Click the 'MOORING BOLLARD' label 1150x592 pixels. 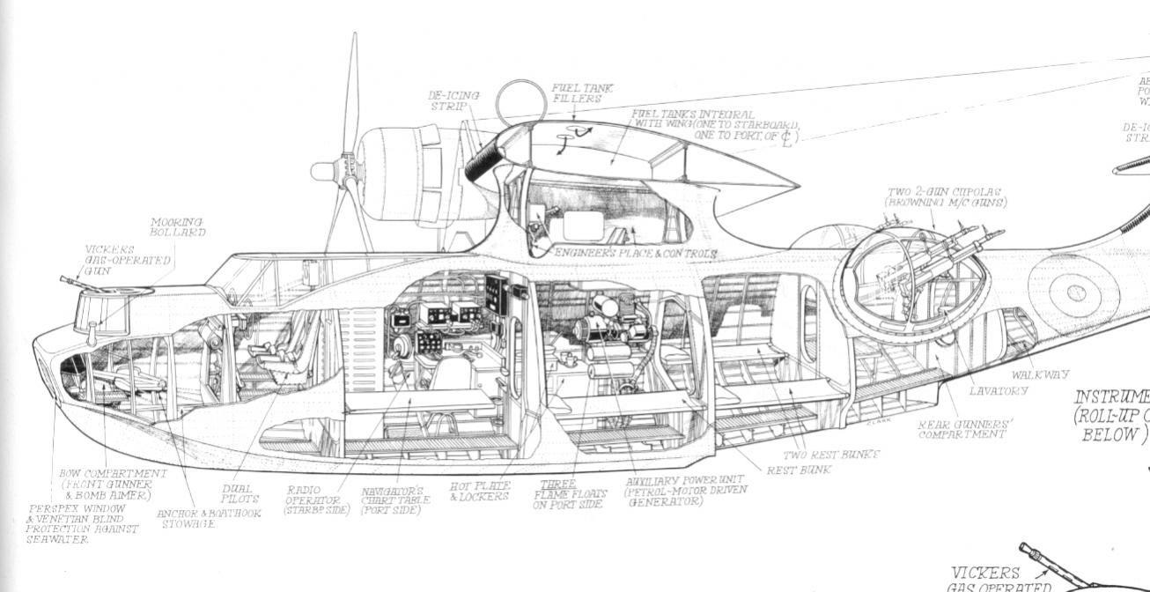click(x=178, y=227)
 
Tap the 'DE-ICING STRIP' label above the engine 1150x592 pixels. click(x=453, y=100)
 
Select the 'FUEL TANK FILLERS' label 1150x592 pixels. click(x=582, y=93)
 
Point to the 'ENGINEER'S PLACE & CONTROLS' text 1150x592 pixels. click(x=635, y=254)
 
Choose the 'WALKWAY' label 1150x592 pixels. click(x=1040, y=375)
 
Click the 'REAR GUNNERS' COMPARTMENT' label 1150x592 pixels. click(x=965, y=429)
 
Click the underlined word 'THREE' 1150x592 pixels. click(x=557, y=485)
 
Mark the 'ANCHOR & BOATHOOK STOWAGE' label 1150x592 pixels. click(x=209, y=518)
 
